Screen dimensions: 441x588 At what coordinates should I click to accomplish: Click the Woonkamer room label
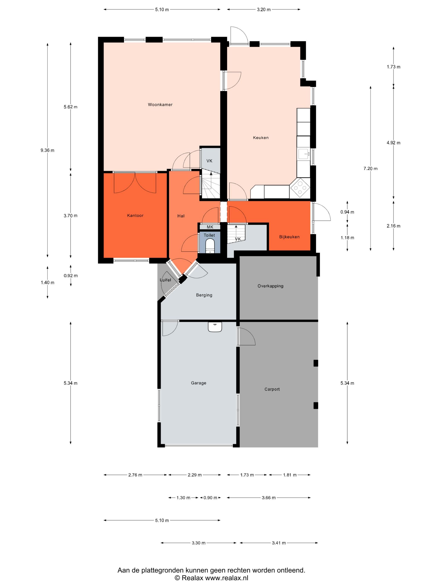pos(160,104)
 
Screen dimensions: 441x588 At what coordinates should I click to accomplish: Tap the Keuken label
pos(261,137)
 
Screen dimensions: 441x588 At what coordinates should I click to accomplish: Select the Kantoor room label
pos(135,215)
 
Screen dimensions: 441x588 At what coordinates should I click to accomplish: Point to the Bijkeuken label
pos(289,237)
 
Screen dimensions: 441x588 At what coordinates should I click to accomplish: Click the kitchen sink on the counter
pos(304,154)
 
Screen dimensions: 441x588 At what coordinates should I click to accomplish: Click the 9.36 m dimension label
pos(47,150)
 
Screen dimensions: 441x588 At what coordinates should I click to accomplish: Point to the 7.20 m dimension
pos(370,168)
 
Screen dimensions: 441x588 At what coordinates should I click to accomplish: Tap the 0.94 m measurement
pos(347,212)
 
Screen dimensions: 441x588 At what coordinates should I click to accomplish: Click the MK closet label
pos(210,227)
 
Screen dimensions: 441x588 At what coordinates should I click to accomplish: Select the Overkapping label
pos(270,286)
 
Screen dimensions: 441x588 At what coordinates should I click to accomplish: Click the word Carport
pos(272,389)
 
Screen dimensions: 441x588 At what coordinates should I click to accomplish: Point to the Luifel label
pos(165,280)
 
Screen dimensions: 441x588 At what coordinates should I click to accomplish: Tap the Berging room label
pos(204,295)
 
